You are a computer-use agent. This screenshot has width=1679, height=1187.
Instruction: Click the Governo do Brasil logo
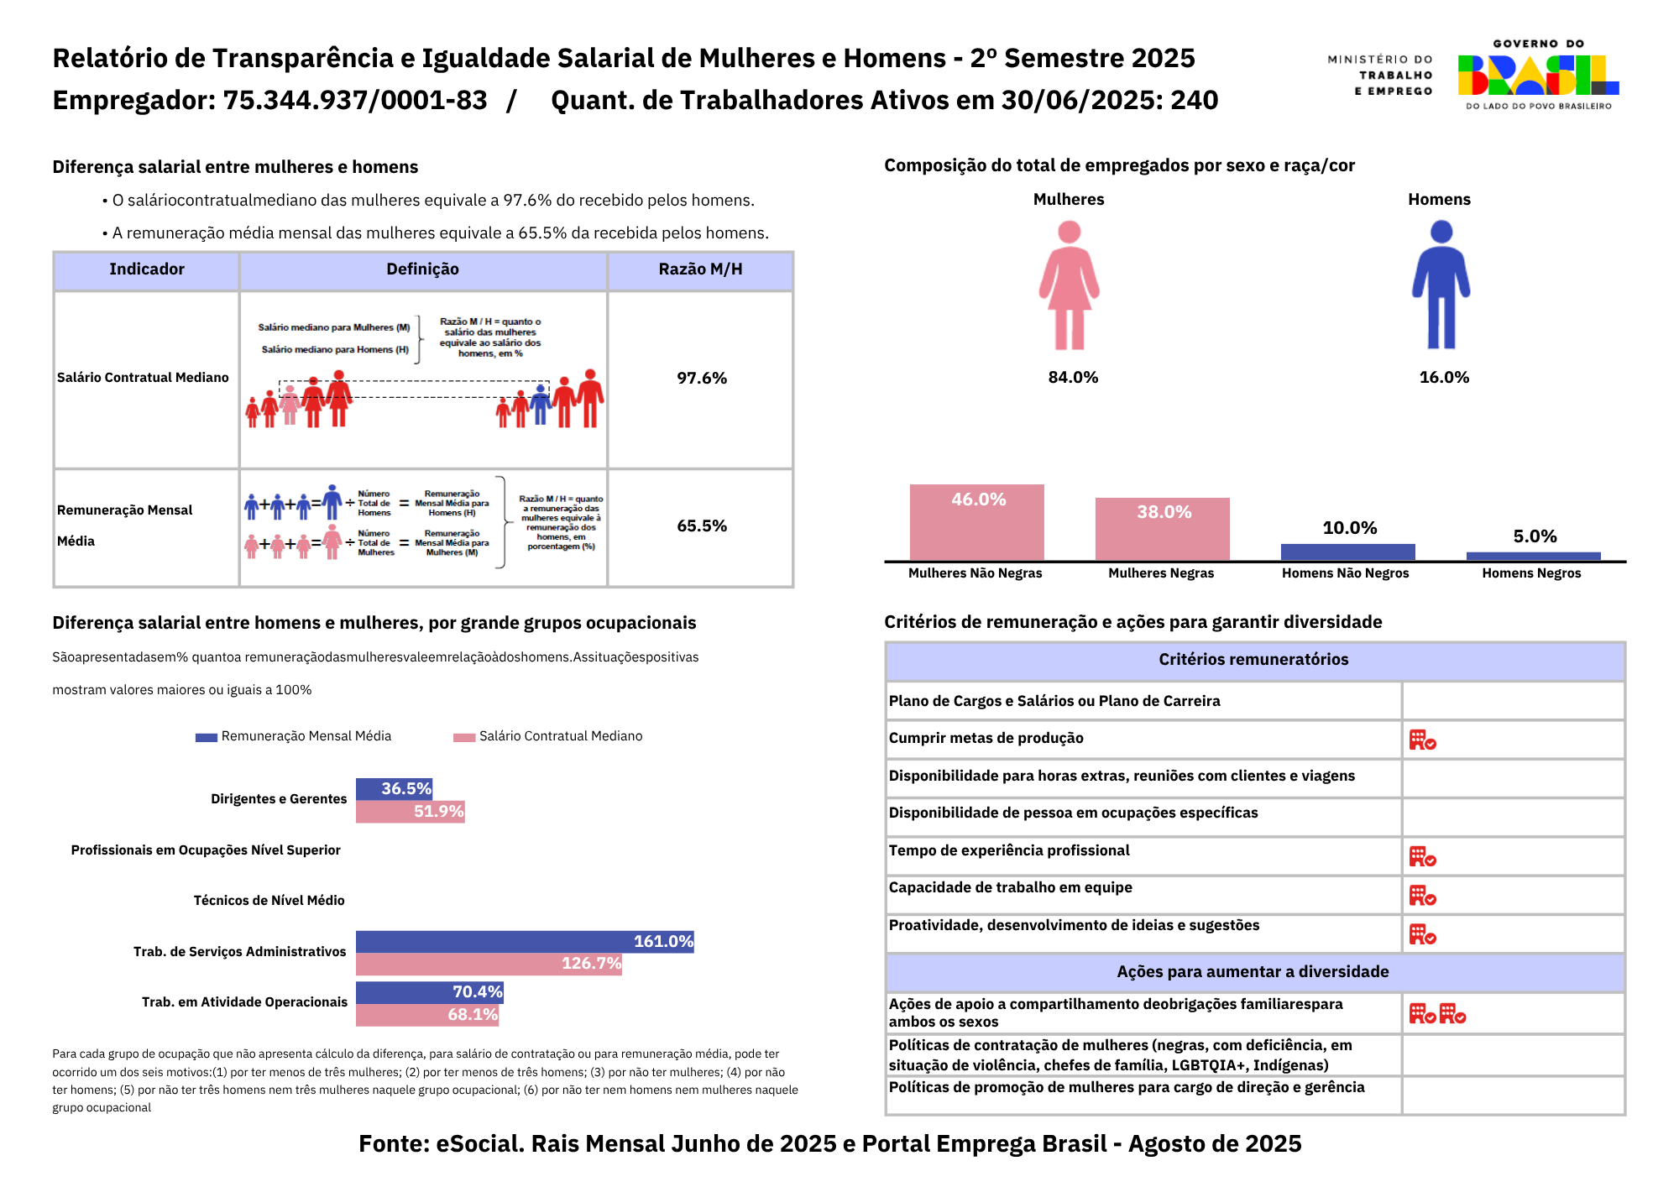(1538, 75)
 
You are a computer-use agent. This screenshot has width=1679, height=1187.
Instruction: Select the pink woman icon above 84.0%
(1069, 285)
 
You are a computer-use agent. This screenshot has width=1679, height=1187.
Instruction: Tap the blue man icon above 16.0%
(1441, 285)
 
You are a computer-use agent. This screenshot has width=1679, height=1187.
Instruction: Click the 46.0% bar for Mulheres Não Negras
(976, 522)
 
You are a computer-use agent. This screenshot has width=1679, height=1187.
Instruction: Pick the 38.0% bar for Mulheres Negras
(1162, 529)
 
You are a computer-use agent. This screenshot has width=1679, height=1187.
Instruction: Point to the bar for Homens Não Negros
(1347, 552)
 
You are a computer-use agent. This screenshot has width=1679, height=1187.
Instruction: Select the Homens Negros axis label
(1531, 573)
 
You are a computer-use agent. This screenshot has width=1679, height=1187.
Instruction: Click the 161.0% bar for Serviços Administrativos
(525, 941)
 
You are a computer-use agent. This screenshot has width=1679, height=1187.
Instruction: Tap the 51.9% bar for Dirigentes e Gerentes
(410, 812)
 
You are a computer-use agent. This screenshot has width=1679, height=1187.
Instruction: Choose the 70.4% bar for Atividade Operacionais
(429, 992)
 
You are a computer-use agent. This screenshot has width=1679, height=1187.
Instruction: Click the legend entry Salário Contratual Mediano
(560, 736)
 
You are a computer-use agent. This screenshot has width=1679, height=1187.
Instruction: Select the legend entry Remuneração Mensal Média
(306, 736)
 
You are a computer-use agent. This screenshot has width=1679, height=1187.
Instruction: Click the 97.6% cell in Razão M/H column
(702, 379)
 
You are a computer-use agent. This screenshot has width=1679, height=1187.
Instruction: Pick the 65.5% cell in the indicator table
(702, 526)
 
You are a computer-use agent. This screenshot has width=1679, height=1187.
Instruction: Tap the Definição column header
(422, 269)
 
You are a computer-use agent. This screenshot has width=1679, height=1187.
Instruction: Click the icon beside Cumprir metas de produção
(1422, 740)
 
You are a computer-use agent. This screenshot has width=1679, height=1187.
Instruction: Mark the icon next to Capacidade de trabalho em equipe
(1422, 896)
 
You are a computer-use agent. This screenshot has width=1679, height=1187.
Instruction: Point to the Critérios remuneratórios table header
(1253, 660)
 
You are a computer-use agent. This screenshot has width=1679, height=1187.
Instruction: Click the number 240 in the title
(1194, 101)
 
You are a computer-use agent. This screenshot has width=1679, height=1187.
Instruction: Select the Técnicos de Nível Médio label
(269, 901)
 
